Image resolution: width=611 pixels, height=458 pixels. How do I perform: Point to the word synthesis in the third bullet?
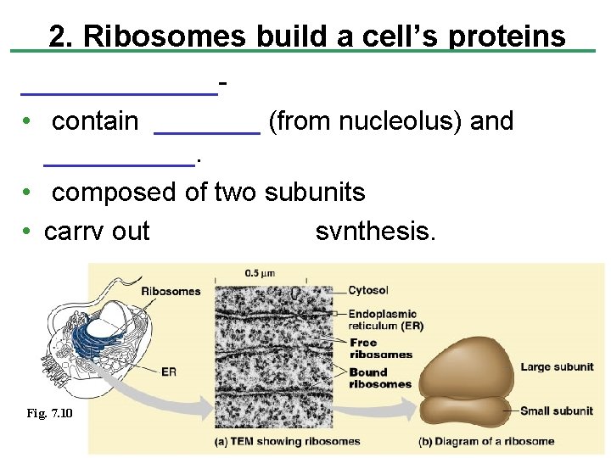375,230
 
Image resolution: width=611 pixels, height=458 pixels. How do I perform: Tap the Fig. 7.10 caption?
49,412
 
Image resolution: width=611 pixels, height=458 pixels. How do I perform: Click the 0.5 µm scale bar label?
259,273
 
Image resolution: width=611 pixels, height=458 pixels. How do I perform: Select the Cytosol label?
369,290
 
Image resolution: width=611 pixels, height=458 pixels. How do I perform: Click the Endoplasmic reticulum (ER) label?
386,320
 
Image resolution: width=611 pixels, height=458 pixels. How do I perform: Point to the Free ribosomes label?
380,349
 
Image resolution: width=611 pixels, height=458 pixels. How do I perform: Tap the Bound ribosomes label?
379,378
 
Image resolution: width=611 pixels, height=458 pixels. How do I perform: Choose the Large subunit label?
557,367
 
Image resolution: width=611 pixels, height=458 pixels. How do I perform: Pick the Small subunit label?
557,411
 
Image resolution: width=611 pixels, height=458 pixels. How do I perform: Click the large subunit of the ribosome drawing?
469,366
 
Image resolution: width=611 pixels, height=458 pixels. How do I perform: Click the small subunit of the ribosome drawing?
468,411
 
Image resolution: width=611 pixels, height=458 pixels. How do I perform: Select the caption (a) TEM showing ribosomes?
288,441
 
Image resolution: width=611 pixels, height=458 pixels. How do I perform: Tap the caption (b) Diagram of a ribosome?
486,441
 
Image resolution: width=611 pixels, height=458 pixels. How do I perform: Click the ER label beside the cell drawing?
168,371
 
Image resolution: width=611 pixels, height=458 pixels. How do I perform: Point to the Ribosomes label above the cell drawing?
171,291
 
